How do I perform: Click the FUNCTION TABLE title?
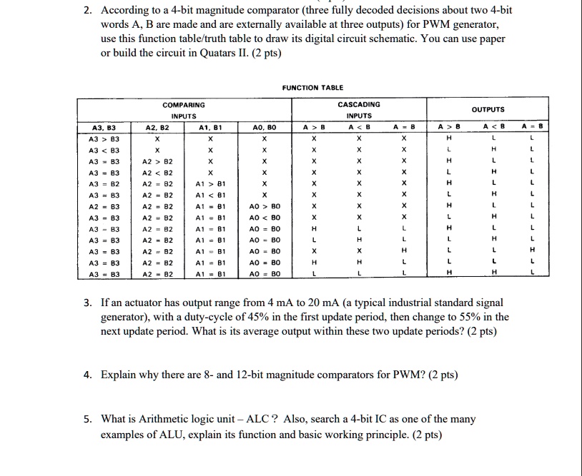click(x=312, y=88)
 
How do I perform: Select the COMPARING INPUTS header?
click(x=183, y=110)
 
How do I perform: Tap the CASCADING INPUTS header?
click(x=358, y=110)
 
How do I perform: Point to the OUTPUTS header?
click(x=488, y=110)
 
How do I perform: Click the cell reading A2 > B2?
click(x=155, y=163)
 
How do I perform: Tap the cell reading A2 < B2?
click(x=155, y=173)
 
